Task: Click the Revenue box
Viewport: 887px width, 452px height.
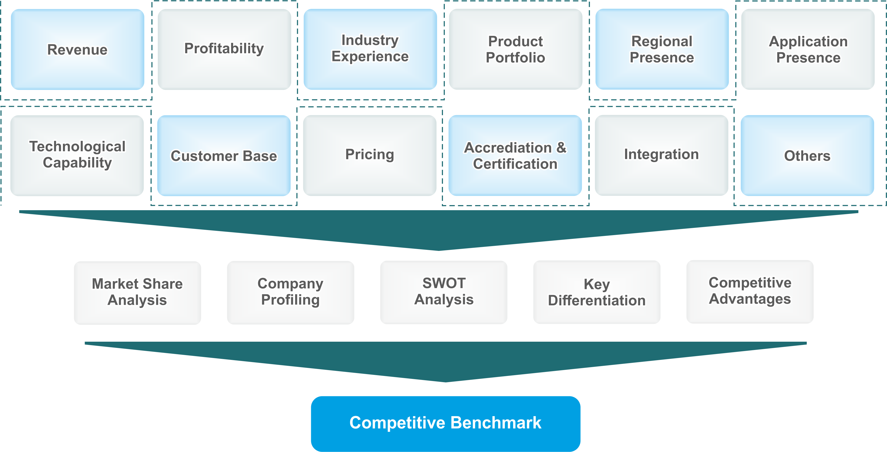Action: tap(77, 50)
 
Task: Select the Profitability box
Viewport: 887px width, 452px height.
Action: tap(224, 49)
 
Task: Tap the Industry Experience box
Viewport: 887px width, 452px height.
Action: tap(370, 49)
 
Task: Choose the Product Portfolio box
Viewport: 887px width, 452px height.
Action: tap(516, 49)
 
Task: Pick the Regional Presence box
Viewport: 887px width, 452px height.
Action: tap(662, 49)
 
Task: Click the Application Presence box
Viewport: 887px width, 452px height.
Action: tap(808, 49)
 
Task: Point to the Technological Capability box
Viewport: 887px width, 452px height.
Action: tap(77, 155)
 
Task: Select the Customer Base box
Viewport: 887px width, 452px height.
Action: tap(224, 156)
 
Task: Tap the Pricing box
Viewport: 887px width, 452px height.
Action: tap(370, 155)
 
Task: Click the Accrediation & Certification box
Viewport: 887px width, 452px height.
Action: tap(515, 155)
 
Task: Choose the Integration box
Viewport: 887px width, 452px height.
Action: tap(662, 155)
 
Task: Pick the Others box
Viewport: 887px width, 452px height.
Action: tap(807, 155)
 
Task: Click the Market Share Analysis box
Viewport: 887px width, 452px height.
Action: tap(137, 292)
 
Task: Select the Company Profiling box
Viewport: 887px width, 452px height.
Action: tap(290, 292)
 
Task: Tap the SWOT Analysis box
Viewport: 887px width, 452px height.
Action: tap(444, 292)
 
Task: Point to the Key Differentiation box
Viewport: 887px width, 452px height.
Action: tap(597, 292)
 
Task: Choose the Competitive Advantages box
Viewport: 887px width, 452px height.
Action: tap(750, 291)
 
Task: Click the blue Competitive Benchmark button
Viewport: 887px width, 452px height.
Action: tap(446, 423)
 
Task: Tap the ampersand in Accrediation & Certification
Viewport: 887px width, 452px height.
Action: tap(561, 148)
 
